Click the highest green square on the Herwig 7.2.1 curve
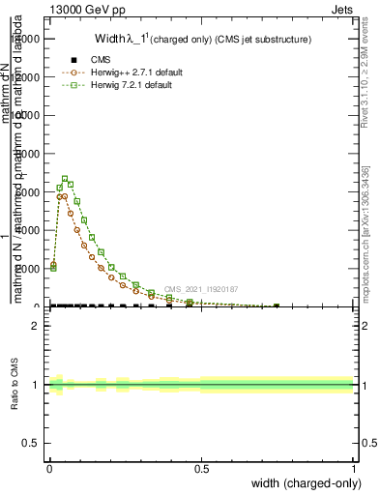click(65, 179)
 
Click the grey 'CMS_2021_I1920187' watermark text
click(201, 289)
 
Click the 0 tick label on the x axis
click(49, 469)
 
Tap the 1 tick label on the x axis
click(353, 469)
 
